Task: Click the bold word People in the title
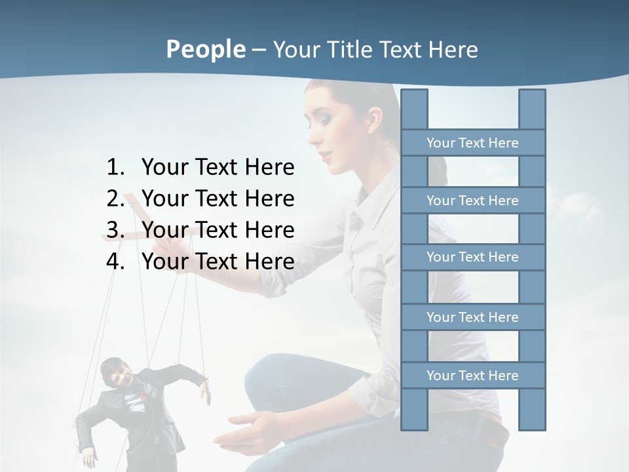click(x=205, y=49)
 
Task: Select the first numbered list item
click(x=218, y=168)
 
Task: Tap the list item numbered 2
click(x=218, y=199)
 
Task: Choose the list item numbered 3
click(x=218, y=230)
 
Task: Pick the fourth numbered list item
click(x=218, y=262)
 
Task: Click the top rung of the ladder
click(x=472, y=143)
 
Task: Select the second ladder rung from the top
click(x=472, y=201)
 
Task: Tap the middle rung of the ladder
click(x=472, y=257)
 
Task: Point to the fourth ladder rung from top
click(x=472, y=317)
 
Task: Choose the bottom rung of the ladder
click(x=472, y=376)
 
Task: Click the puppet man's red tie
click(x=140, y=397)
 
